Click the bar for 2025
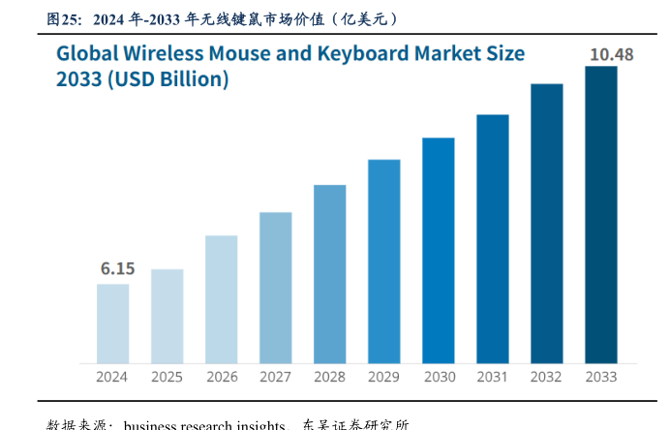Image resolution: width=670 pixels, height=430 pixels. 167,316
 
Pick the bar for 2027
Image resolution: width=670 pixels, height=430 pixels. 276,287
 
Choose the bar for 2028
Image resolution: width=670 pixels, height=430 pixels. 330,273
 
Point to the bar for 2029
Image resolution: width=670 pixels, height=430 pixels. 384,261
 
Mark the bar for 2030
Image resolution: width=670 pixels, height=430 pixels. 439,250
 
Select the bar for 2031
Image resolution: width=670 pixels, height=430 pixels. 493,238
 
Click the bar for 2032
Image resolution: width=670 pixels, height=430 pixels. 547,223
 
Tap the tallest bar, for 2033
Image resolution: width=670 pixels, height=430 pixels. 601,214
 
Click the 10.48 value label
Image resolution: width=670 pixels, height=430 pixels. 612,54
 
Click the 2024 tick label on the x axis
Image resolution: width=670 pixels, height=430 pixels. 112,377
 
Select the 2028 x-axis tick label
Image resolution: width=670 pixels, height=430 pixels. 330,377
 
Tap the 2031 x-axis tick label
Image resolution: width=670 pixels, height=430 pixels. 493,377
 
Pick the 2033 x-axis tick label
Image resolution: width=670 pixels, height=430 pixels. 601,377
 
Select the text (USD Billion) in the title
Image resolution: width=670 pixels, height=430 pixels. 167,79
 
